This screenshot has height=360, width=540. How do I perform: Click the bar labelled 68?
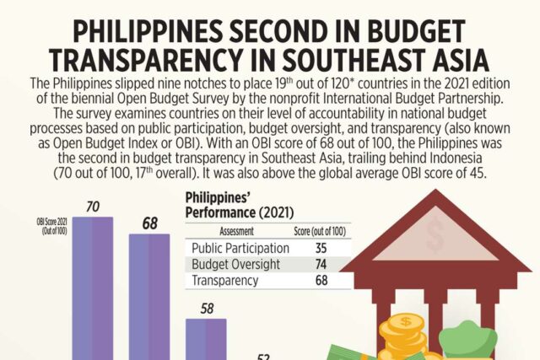(x=150, y=295)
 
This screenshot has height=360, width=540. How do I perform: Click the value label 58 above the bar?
(x=207, y=308)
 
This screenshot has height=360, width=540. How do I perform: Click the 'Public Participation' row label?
(x=241, y=249)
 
